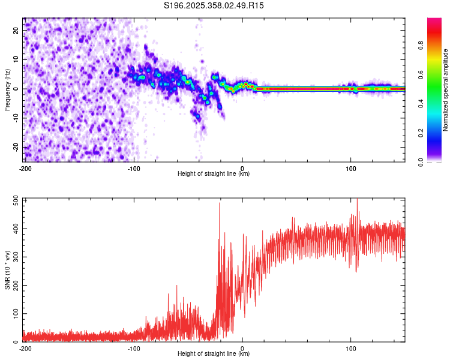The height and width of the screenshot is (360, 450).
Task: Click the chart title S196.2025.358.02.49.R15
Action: pyautogui.click(x=214, y=5)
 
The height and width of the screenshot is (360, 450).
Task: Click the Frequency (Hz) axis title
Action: pyautogui.click(x=7, y=90)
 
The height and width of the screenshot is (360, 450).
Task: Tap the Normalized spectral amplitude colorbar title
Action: pyautogui.click(x=446, y=90)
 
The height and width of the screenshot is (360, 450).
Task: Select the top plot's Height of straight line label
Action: pyautogui.click(x=214, y=173)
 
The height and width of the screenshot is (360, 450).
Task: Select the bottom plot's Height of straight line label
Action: pyautogui.click(x=214, y=353)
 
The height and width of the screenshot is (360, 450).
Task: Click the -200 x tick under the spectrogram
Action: pyautogui.click(x=25, y=168)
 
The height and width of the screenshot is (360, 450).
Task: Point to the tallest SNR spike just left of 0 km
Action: pyautogui.click(x=220, y=203)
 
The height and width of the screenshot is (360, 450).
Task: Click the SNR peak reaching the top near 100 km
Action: pyautogui.click(x=357, y=200)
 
